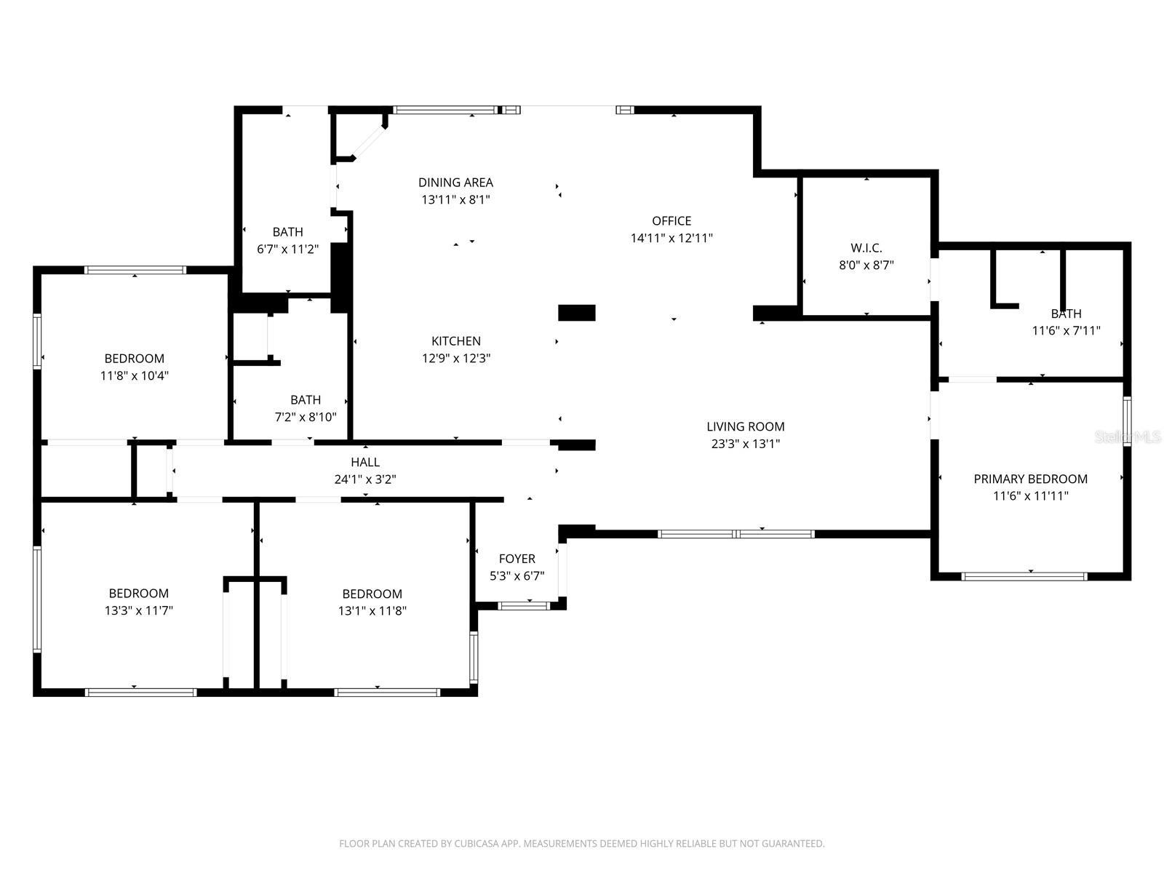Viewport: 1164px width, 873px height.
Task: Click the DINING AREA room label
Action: [455, 183]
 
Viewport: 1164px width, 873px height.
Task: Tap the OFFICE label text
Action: [671, 221]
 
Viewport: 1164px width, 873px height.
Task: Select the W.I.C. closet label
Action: [866, 248]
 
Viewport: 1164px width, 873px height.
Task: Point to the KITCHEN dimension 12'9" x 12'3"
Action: [455, 358]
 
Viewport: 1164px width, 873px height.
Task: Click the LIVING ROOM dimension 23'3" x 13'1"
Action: [745, 444]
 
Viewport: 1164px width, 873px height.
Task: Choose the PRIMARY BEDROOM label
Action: [1030, 479]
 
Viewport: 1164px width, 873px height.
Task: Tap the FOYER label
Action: [517, 559]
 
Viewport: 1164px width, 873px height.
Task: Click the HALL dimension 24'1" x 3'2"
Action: [365, 479]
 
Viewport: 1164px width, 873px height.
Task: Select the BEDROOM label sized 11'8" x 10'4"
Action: [135, 359]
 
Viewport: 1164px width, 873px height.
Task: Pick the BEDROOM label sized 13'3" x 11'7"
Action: [138, 594]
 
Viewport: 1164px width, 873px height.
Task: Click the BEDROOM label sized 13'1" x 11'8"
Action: [372, 594]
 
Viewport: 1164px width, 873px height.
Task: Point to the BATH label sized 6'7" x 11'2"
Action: [287, 232]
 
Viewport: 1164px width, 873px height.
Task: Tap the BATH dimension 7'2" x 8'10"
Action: [306, 418]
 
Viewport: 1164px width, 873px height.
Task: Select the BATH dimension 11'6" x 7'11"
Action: [1066, 330]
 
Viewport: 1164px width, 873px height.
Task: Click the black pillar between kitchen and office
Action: [576, 313]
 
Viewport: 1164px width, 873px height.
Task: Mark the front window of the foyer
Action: [524, 605]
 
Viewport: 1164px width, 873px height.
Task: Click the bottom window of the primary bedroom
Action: [1024, 576]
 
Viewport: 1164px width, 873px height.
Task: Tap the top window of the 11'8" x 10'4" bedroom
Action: [135, 270]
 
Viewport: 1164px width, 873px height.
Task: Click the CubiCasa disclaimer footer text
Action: [582, 844]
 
